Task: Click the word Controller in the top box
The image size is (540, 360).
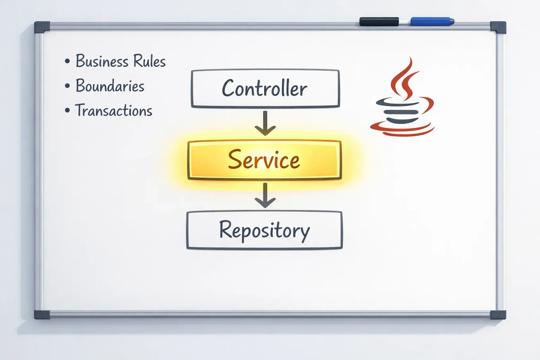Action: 264,88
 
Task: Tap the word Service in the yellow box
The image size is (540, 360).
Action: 264,160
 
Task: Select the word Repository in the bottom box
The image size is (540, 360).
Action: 264,230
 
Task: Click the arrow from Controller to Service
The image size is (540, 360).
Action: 265,123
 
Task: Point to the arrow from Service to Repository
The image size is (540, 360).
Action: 265,195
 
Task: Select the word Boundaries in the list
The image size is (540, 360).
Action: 110,86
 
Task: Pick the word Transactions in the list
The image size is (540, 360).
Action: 114,111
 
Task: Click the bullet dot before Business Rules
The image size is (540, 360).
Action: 67,61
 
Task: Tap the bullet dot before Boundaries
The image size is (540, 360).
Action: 67,86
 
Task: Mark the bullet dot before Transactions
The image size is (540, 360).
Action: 67,110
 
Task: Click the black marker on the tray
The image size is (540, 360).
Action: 379,21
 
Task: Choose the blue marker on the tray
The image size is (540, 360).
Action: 431,21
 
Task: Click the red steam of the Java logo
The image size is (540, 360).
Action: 404,78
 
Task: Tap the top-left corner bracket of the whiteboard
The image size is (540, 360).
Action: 42,27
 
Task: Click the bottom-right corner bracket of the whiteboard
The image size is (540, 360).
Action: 498,315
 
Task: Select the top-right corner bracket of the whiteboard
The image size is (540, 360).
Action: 498,27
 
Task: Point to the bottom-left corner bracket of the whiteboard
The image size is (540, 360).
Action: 42,315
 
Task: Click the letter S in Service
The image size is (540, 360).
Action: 235,160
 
